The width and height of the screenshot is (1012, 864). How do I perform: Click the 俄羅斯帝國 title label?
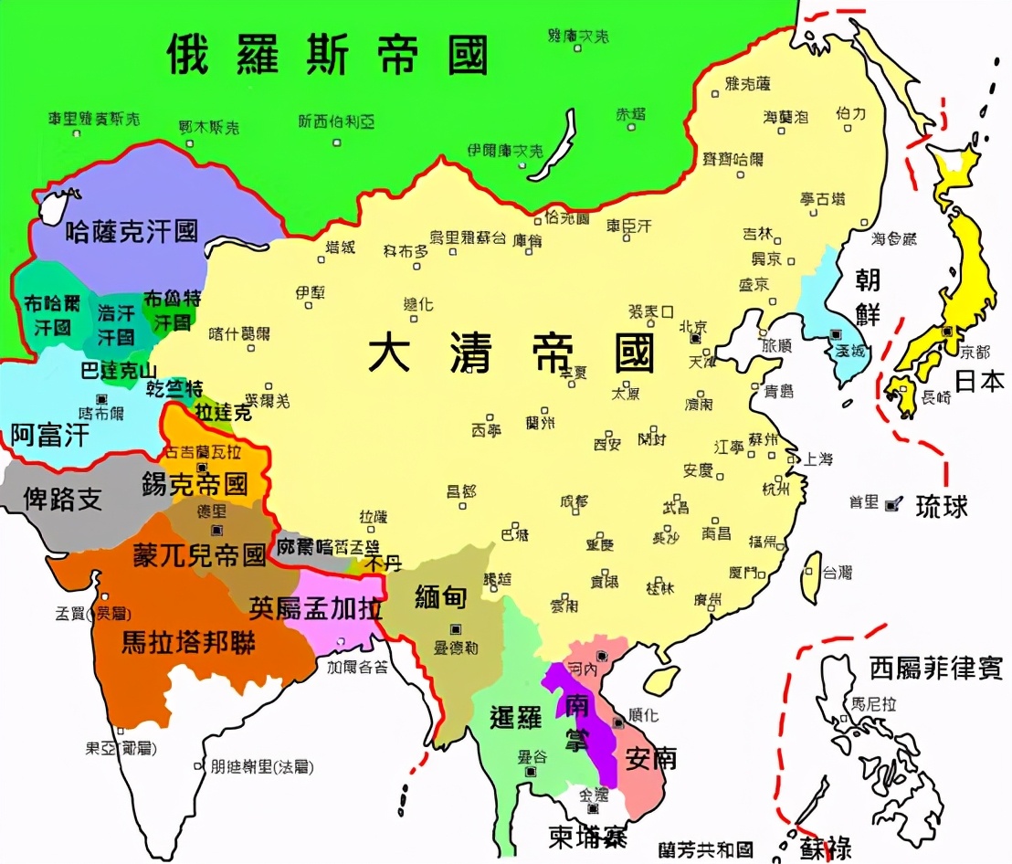click(327, 55)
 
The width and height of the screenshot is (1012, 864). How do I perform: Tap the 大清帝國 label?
click(511, 352)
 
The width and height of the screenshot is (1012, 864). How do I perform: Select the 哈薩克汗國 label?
click(132, 230)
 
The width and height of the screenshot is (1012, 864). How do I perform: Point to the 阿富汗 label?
click(50, 435)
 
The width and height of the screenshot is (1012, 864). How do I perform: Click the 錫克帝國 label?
click(195, 483)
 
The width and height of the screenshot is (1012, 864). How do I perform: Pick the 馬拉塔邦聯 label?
click(188, 640)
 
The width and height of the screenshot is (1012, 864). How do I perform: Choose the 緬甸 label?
click(440, 597)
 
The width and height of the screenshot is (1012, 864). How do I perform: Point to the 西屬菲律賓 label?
click(935, 667)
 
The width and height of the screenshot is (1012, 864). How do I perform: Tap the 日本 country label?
click(979, 380)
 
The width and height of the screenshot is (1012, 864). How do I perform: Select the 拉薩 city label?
click(374, 515)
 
